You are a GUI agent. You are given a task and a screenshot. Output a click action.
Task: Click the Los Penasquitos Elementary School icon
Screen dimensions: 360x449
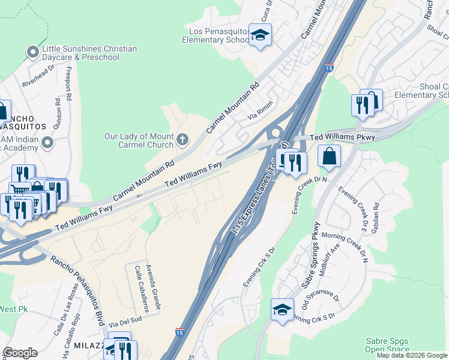260,35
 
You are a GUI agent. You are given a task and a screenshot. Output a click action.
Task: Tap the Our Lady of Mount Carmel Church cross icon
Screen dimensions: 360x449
182,140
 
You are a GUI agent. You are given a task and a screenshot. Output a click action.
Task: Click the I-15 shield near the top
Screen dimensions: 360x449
328,68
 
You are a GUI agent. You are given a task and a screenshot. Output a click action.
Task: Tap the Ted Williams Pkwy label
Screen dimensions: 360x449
343,137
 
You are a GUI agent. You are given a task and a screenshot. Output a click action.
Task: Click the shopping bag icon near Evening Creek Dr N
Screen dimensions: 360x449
329,157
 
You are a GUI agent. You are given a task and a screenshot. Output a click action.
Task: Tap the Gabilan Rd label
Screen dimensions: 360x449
376,212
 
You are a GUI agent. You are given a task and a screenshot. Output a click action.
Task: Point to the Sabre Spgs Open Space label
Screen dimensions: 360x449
388,345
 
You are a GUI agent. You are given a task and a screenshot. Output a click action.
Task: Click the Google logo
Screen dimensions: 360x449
20,353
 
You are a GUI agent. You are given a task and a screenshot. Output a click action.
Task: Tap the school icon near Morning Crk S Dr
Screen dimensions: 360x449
282,310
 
